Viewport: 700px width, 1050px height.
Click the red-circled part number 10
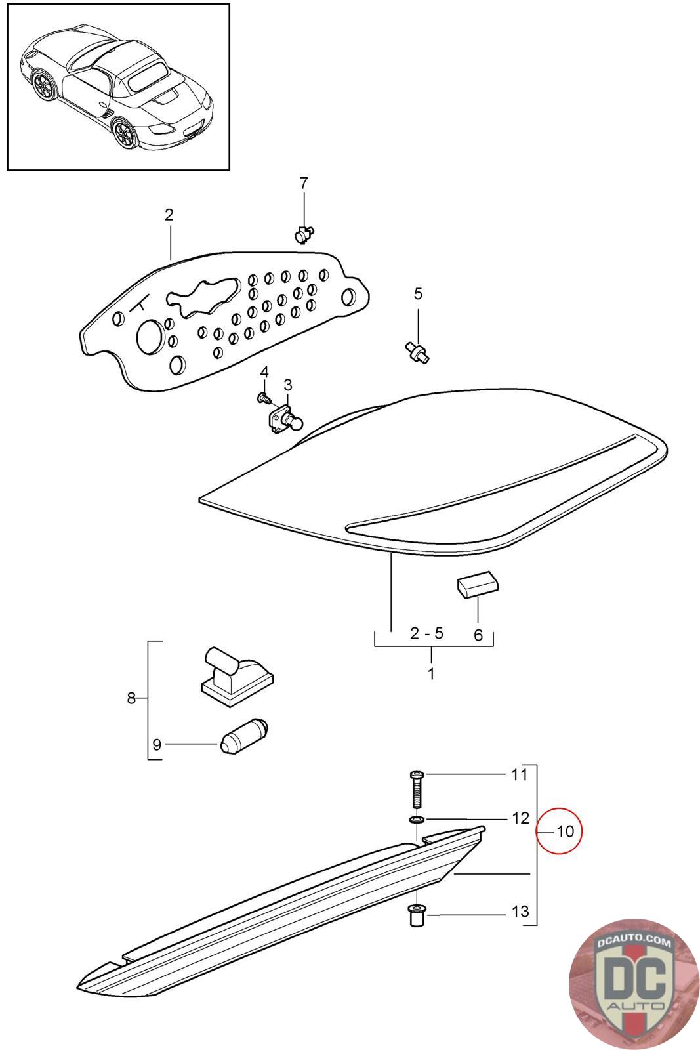[565, 831]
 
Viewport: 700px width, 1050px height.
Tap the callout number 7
[303, 184]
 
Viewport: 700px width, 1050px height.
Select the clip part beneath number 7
[302, 233]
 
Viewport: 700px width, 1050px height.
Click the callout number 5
[418, 294]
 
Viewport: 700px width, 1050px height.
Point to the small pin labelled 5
[417, 352]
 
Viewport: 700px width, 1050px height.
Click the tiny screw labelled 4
[264, 397]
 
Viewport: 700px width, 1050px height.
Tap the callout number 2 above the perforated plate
[169, 215]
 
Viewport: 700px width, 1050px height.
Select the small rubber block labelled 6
[477, 584]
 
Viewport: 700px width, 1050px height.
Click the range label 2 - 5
[426, 633]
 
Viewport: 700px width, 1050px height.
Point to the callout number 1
[431, 673]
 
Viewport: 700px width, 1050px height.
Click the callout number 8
[131, 698]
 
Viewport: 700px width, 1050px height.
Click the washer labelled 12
[416, 820]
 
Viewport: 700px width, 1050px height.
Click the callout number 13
[520, 912]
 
